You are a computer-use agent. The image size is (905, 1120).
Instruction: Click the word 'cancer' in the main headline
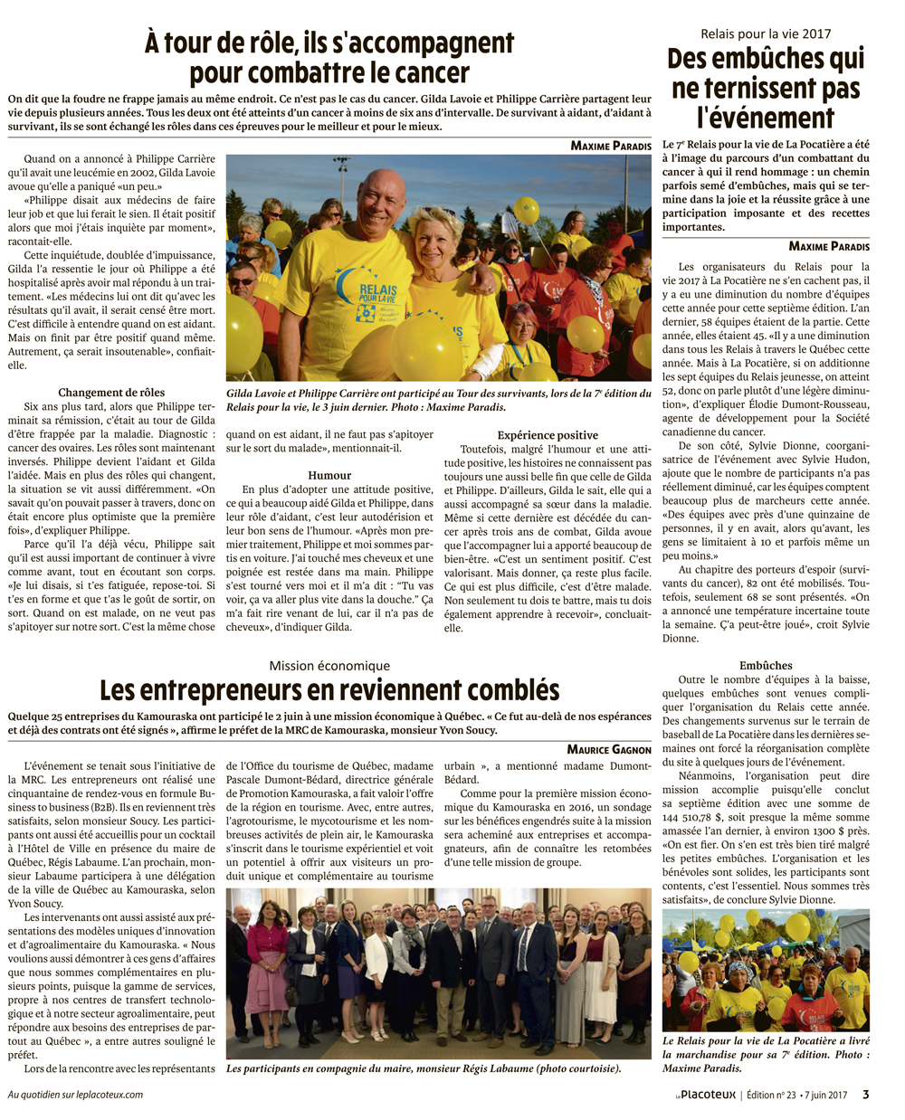422,73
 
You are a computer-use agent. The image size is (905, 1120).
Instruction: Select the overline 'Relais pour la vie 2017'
766,34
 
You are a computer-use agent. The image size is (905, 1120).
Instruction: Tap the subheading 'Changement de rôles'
111,392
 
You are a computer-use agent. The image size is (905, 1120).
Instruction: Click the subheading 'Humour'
329,475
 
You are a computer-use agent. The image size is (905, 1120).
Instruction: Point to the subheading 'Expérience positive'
548,435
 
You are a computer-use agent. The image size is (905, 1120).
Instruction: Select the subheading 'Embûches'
766,665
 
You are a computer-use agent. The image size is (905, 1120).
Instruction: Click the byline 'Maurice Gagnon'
609,749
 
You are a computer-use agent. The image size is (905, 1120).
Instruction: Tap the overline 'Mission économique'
329,666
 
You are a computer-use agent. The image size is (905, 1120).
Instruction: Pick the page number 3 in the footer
865,1094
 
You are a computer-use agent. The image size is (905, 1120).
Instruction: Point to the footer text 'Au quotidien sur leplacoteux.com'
75,1095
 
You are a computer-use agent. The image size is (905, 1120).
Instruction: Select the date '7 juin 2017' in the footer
825,1095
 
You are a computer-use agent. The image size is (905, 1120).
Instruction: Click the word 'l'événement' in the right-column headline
766,118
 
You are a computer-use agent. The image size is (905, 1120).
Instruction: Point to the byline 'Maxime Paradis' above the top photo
611,146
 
